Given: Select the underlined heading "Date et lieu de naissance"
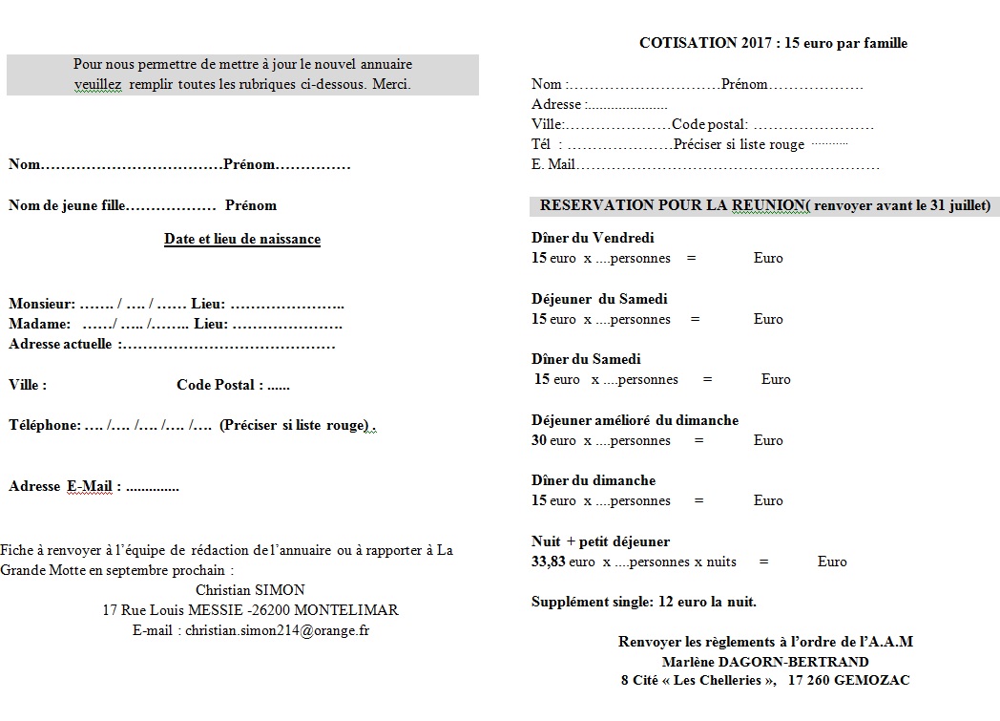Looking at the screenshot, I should click(242, 239).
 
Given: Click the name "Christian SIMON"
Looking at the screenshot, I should click(250, 589).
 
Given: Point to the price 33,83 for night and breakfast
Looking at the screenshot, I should click(548, 562).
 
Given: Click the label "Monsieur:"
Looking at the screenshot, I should click(41, 304).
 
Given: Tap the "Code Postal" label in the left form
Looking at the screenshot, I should click(219, 385).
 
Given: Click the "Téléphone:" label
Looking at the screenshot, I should click(44, 425).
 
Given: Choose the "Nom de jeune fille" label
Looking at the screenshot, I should click(65, 205).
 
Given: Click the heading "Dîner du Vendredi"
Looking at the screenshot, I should click(593, 238).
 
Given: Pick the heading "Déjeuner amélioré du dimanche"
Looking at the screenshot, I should click(635, 420).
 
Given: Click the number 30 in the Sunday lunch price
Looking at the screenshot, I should click(539, 440).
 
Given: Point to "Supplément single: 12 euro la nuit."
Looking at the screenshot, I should click(644, 602).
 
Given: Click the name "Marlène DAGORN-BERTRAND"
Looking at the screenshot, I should click(765, 661).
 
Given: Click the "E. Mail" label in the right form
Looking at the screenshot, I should click(553, 164).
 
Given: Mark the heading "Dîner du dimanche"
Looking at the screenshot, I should click(594, 480).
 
